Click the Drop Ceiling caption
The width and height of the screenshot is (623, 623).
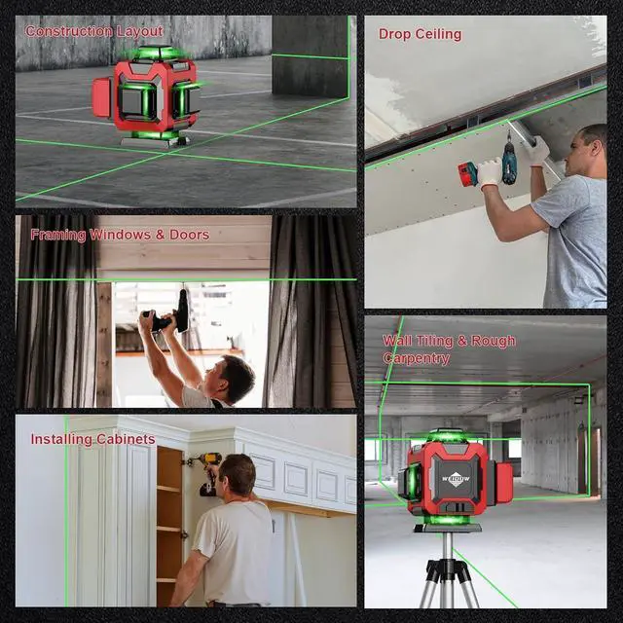(420, 34)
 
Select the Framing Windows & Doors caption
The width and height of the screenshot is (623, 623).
(120, 235)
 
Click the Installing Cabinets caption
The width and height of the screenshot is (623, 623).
(92, 439)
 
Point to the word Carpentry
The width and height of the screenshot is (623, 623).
(416, 358)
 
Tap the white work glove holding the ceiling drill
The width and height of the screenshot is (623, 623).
(490, 173)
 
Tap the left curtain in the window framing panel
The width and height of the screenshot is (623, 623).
(55, 321)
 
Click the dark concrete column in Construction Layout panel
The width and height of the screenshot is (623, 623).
(310, 55)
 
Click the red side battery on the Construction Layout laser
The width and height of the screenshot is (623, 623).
(102, 98)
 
